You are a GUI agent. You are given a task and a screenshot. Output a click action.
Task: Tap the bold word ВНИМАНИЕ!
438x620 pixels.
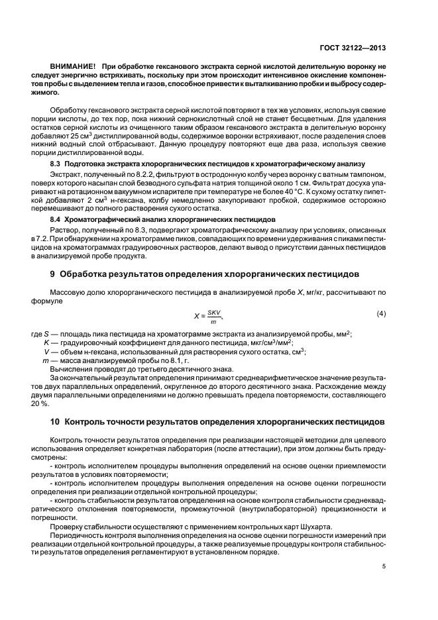point(74,68)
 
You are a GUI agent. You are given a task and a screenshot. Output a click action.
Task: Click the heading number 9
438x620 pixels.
point(53,273)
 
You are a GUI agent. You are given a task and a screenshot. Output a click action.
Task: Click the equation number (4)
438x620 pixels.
point(381,313)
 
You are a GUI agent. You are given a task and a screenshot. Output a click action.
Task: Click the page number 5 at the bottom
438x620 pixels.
point(384,566)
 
